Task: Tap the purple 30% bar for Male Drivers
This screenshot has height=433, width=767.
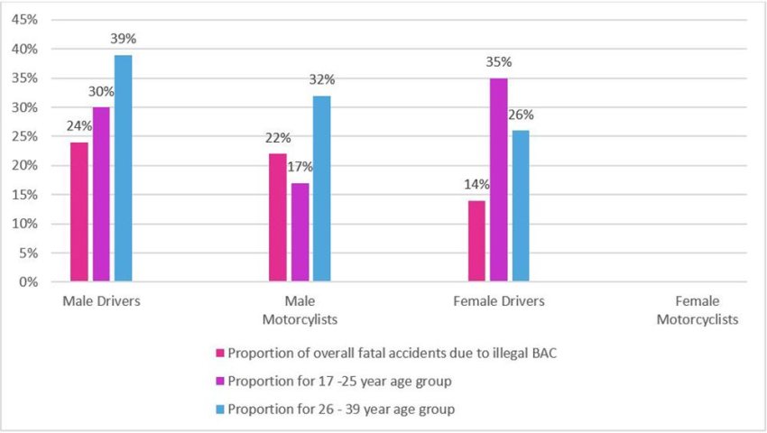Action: click(101, 195)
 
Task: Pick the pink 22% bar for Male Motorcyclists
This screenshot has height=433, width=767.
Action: click(278, 217)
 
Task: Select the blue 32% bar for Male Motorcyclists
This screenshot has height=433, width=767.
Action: click(321, 189)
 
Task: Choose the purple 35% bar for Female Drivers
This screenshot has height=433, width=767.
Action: click(498, 180)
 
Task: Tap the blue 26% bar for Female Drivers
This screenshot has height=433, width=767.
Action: click(520, 207)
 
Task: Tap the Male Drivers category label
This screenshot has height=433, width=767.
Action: click(101, 301)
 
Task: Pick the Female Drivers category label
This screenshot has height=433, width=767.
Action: click(499, 301)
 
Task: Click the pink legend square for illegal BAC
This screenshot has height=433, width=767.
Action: click(219, 353)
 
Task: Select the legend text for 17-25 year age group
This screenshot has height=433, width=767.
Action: click(339, 381)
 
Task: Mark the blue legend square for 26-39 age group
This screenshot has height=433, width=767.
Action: click(219, 410)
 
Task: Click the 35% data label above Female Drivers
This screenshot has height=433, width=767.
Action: click(498, 62)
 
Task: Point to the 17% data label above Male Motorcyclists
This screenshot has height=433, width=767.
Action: click(300, 167)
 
